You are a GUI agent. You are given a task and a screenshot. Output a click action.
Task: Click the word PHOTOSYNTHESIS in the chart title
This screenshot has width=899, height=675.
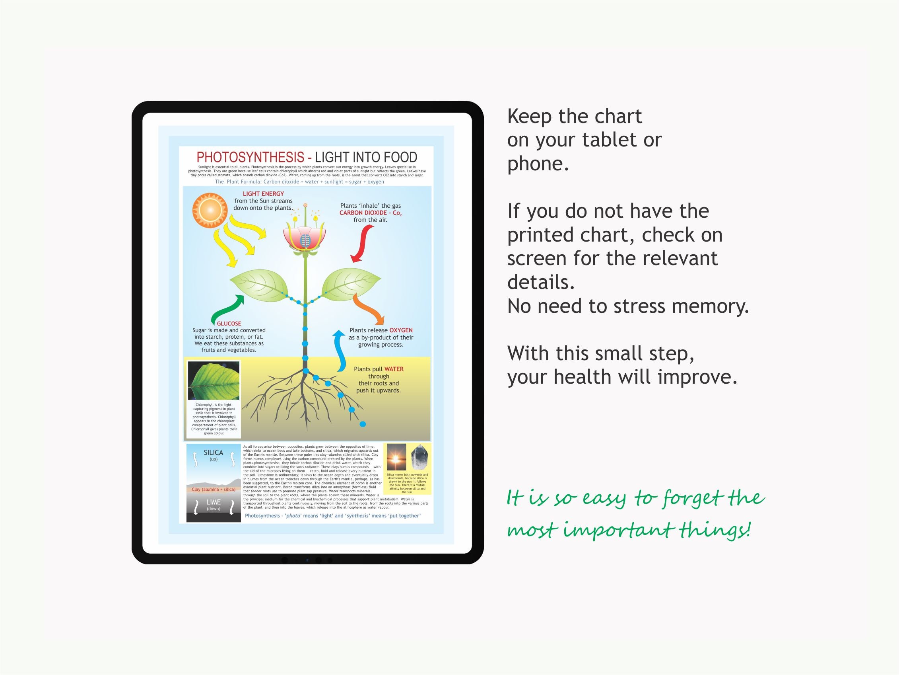click(x=250, y=158)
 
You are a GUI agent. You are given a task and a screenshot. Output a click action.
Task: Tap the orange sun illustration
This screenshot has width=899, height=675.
click(x=210, y=211)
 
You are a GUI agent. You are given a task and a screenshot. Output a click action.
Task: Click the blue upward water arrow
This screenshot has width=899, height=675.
click(x=339, y=351)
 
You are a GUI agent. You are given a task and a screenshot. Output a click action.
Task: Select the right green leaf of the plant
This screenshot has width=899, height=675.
click(x=351, y=284)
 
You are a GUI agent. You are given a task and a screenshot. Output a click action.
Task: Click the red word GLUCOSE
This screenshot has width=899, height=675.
click(x=229, y=324)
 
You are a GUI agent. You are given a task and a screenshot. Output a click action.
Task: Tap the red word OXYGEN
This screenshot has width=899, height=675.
click(x=401, y=330)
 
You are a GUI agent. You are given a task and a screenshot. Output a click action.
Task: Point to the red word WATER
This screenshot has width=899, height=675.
click(x=394, y=369)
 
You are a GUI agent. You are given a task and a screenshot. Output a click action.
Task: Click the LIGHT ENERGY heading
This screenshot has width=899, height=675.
click(x=263, y=194)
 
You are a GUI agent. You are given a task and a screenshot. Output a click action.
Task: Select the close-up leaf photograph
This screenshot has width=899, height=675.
click(x=214, y=380)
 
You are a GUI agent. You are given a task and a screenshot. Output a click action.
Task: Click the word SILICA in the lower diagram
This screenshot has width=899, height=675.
click(x=214, y=453)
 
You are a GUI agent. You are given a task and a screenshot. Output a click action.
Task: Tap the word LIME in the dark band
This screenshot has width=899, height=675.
click(x=214, y=502)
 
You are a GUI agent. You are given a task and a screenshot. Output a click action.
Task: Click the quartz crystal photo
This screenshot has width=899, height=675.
click(x=419, y=457)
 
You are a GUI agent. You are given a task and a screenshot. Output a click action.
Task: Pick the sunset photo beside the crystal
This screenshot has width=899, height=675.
click(x=396, y=457)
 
